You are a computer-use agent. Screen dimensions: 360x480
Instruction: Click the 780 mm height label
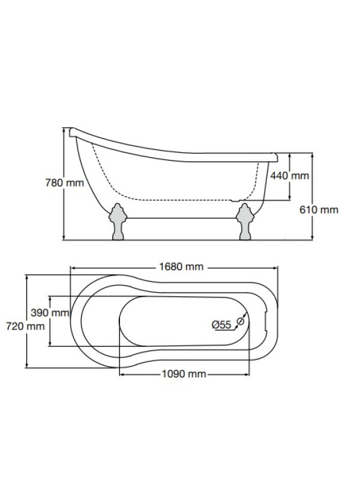65,183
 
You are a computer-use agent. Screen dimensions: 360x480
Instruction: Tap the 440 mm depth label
290,176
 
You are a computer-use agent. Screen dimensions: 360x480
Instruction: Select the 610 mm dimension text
319,209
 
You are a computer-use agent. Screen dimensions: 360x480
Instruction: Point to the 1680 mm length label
181,266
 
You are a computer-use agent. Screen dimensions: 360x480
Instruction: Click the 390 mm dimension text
50,313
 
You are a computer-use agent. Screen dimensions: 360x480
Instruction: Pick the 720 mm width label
25,326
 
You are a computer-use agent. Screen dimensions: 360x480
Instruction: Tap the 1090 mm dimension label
184,374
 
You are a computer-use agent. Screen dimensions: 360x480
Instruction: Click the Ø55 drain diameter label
221,325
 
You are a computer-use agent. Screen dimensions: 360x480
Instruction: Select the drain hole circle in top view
241,321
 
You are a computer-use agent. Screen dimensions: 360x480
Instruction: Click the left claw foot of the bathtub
118,221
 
